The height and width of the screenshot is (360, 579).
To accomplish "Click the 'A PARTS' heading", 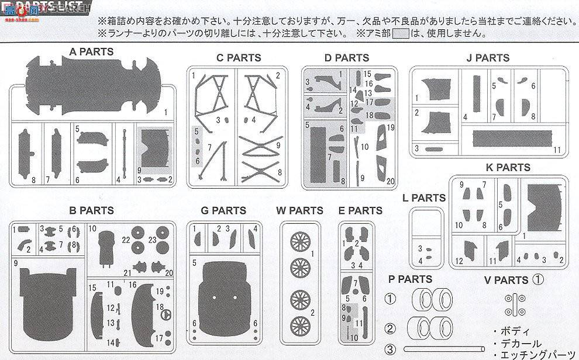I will (91, 52).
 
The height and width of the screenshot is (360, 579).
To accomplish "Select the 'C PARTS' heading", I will (239, 58).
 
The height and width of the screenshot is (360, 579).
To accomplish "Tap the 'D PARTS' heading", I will (347, 58).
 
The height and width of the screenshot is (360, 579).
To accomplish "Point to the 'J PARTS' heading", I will (488, 58).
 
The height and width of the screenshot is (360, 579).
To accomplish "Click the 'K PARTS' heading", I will (508, 168).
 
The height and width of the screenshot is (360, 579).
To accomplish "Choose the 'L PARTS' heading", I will (424, 198).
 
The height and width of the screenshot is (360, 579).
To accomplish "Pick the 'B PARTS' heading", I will (91, 210).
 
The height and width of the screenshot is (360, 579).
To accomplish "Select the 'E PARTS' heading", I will (360, 210).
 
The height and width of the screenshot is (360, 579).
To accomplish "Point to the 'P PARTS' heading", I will (410, 279).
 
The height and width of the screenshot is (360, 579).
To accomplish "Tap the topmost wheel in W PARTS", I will (299, 242).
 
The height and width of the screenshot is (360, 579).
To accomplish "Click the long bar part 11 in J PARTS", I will (512, 139).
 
